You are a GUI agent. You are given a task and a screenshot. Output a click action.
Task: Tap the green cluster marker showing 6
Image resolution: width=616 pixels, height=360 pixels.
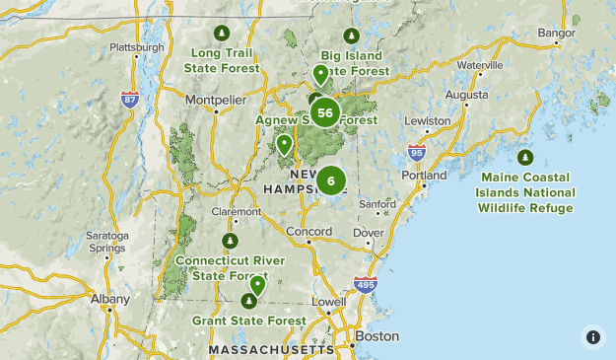[330, 180]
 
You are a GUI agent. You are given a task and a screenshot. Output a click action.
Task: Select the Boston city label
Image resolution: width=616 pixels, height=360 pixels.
[376, 335]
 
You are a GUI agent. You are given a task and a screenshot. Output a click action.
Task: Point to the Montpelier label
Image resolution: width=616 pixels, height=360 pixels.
[215, 100]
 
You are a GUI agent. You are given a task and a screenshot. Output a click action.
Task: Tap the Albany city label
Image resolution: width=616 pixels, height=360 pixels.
[109, 298]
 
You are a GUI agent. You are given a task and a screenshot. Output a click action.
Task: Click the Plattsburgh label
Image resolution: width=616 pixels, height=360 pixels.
[137, 46]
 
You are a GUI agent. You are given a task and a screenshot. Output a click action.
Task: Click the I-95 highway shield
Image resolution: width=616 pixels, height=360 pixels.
[417, 153]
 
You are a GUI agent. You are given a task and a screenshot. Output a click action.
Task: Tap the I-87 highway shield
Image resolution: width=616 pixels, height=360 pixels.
[129, 99]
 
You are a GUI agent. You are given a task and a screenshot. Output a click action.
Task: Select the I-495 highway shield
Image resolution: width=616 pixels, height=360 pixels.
[365, 285]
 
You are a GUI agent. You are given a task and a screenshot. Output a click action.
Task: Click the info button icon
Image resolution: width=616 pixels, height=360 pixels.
[592, 336]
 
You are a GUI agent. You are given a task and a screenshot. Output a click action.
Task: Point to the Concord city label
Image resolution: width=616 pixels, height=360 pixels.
[308, 232]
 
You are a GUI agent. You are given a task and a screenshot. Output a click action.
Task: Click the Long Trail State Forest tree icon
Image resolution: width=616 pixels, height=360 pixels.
[221, 33]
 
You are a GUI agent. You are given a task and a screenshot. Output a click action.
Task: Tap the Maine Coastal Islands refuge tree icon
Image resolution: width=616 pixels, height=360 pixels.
[525, 158]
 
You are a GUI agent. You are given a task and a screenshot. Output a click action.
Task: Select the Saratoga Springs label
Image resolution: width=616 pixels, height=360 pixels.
[106, 242]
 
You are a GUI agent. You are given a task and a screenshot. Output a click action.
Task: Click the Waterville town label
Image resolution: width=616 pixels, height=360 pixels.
[480, 65]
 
